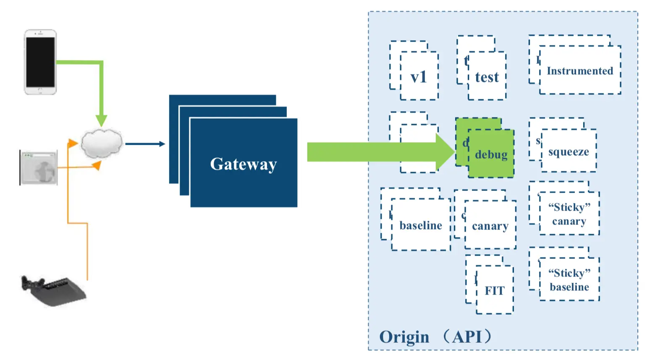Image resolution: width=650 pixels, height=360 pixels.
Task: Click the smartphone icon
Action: (40, 62)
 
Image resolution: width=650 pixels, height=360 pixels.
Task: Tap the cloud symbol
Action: (101, 143)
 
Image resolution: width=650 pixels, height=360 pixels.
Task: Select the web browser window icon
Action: (39, 168)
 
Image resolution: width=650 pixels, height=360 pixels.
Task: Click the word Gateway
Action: (244, 164)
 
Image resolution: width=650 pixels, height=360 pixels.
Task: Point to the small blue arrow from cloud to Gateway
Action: (145, 144)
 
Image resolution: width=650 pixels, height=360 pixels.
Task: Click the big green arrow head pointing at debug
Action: (445, 152)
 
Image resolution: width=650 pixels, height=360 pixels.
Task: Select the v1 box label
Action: (419, 77)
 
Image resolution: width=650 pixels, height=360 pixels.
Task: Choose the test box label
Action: (487, 77)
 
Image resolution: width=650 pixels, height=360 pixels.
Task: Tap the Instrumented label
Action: (580, 71)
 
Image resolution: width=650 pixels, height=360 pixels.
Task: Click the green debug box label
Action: (491, 155)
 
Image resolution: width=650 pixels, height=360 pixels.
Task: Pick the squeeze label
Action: (569, 151)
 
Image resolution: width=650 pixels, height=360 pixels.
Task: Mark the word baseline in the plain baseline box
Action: (421, 226)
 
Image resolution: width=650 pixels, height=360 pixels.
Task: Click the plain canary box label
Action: (490, 226)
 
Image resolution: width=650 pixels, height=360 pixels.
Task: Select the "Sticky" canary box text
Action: (569, 214)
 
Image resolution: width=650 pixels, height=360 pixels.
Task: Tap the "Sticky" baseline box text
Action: (569, 280)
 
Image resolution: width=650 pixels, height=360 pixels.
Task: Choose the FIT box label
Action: (495, 290)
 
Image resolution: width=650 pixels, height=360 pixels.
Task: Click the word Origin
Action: (404, 337)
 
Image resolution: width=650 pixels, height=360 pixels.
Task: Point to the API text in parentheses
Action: (467, 337)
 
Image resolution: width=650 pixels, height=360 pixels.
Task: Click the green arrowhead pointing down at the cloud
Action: (101, 120)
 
